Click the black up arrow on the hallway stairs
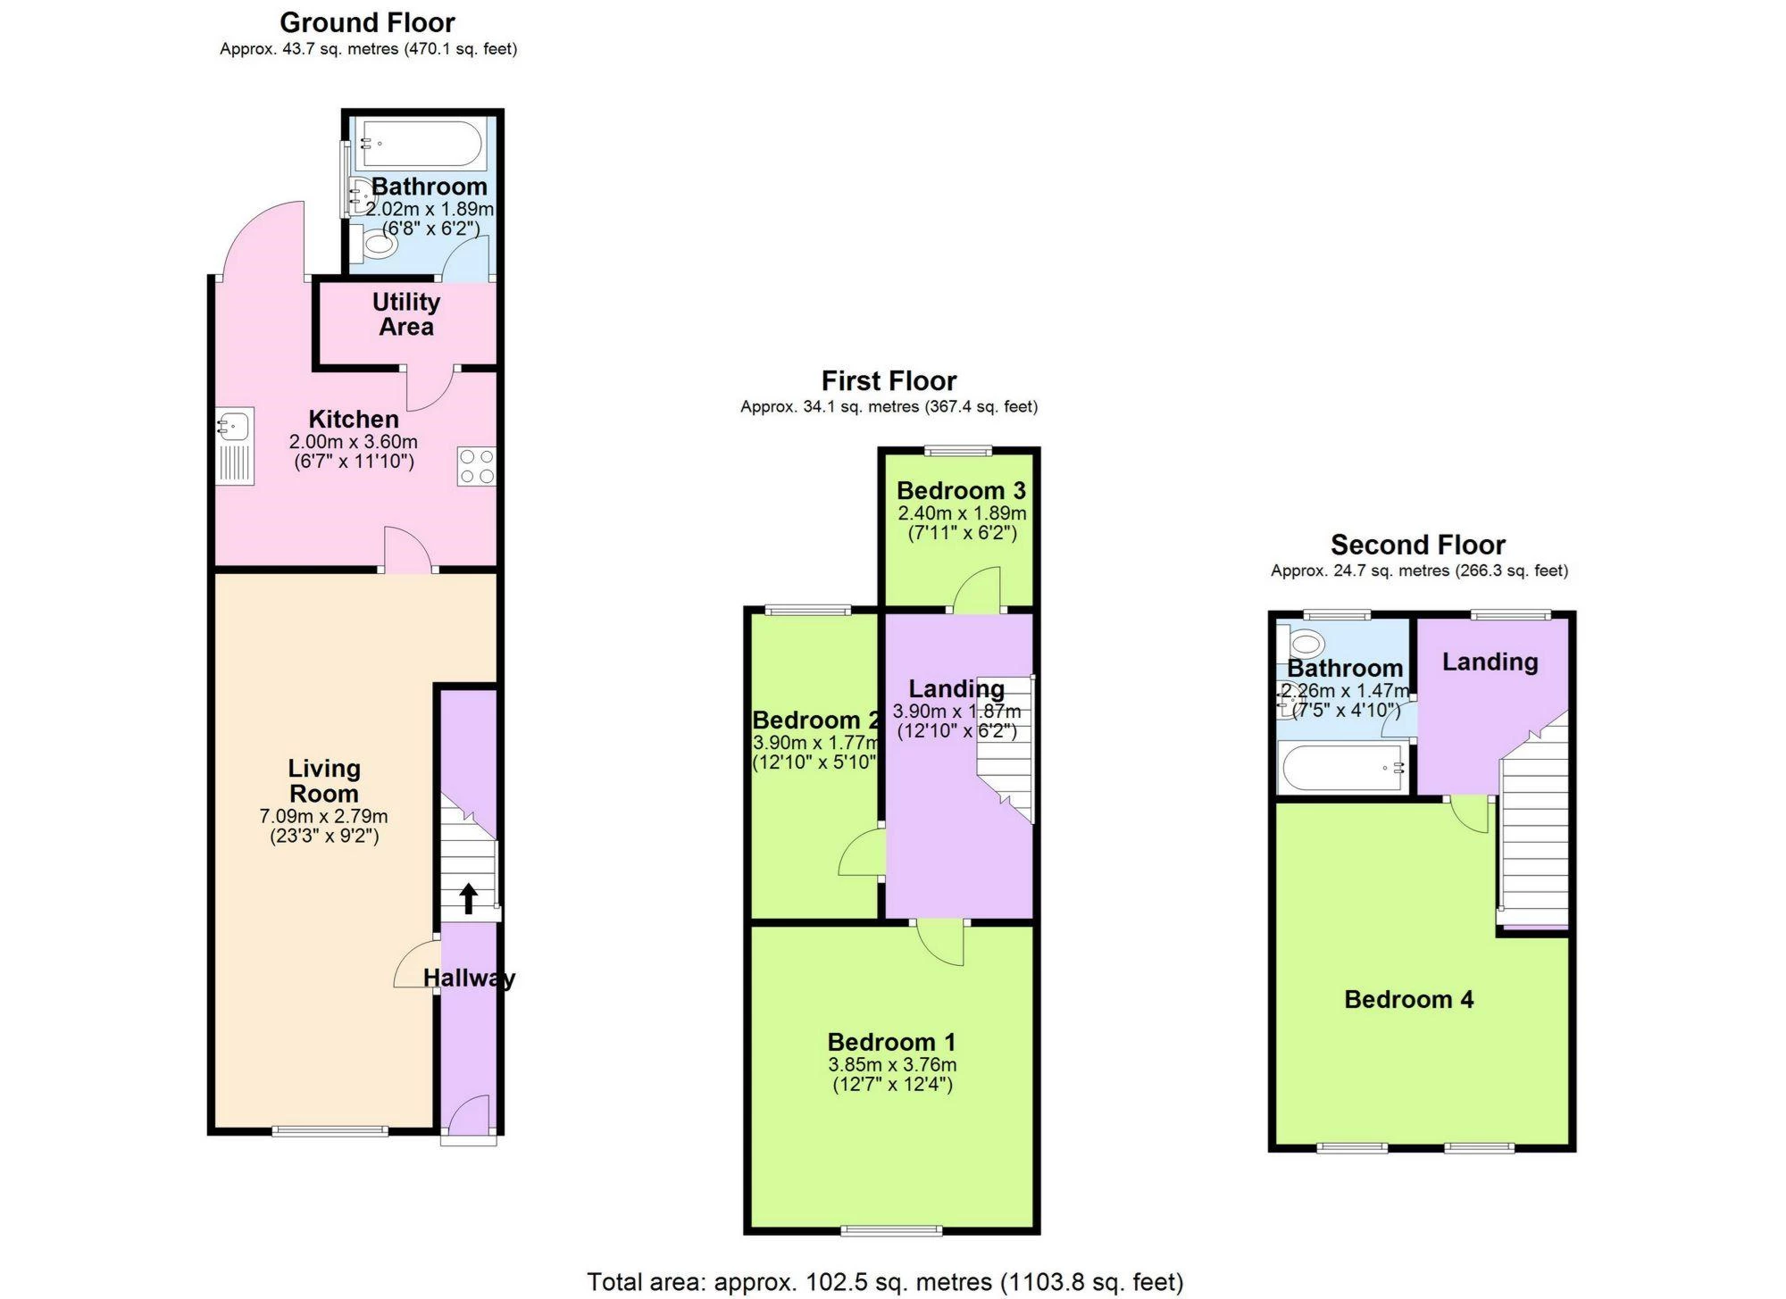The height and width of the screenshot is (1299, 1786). point(468,899)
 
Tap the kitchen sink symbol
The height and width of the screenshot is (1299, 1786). point(236,446)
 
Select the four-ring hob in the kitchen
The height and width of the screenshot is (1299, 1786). point(477,466)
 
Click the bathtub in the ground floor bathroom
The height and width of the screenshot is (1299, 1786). point(421,144)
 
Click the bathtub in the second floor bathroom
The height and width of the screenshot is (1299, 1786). point(1342,768)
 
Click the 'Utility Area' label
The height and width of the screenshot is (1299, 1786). point(406,314)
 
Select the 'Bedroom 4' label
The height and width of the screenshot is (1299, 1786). point(1409,999)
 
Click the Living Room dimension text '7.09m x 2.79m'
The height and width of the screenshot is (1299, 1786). point(324,816)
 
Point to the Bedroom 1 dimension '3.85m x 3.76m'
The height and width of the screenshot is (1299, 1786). point(892,1064)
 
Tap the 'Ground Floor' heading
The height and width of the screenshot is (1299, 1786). point(367,22)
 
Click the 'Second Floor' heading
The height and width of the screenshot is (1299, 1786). point(1418,545)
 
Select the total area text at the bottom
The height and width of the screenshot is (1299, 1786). point(885,1282)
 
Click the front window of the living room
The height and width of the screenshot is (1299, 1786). point(330,1131)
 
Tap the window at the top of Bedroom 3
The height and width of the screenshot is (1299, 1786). point(957,450)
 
